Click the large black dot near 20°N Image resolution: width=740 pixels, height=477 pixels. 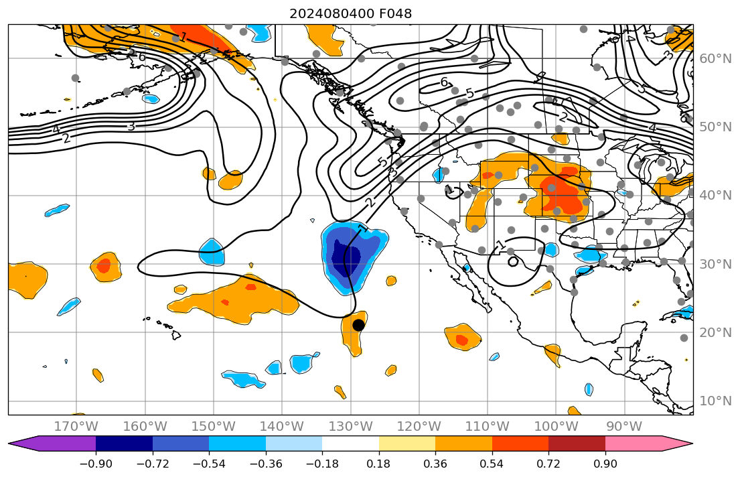coord(358,325)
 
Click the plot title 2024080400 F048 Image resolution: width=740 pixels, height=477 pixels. coord(350,13)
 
